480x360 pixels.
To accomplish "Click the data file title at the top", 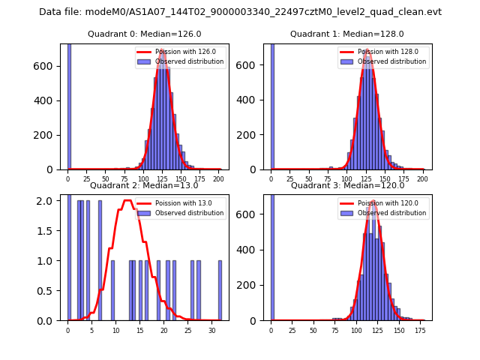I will point(240,12).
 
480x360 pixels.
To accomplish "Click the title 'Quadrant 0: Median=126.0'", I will point(144,34).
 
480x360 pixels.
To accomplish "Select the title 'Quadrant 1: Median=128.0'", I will point(346,34).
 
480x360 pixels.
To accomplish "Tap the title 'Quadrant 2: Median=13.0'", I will point(144,185).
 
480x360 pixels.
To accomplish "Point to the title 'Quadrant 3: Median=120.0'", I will point(346,185).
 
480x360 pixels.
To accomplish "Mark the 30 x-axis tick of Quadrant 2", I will point(212,330).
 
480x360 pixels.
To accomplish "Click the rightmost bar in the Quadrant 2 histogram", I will point(220,290).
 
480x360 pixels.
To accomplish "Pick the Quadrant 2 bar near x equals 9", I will point(112,290).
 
